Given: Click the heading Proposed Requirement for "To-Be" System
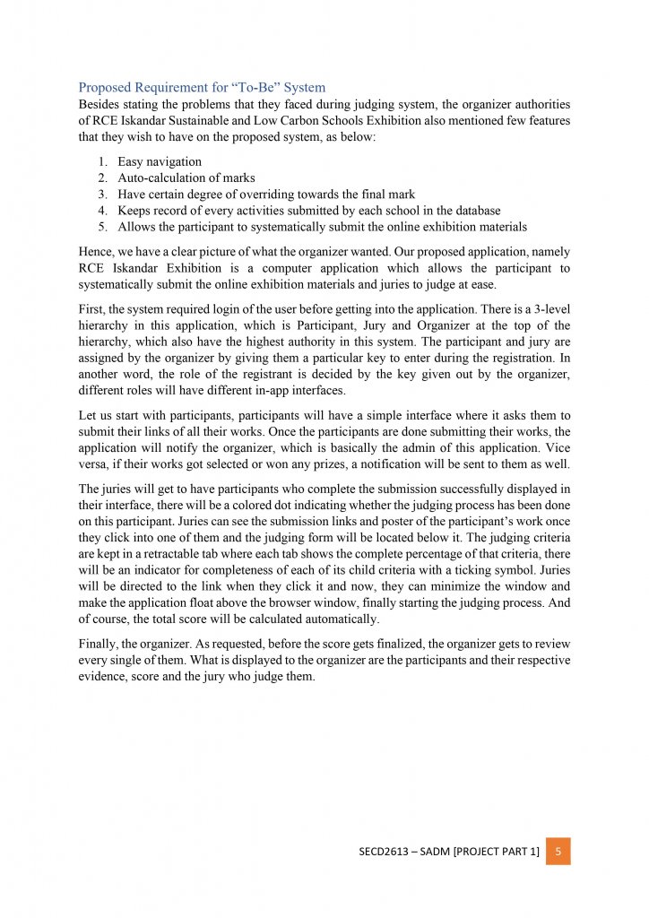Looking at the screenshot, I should click(202, 87).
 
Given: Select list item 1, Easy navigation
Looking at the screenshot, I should click(159, 161).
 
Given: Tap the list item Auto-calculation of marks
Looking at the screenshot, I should click(186, 178).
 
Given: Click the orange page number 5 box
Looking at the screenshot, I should click(558, 851).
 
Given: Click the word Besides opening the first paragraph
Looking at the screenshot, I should click(100, 104).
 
